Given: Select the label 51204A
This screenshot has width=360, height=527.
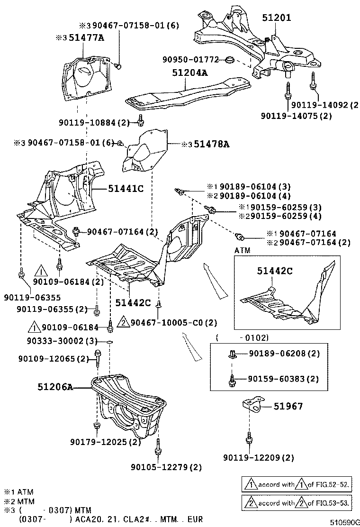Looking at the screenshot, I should click(189, 73).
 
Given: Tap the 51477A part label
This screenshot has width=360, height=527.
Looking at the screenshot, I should click(85, 37).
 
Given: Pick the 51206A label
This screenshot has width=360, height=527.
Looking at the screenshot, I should click(55, 387).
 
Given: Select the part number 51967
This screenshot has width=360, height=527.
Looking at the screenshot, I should click(288, 406).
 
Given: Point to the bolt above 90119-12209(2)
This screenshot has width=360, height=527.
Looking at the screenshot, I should click(248, 438).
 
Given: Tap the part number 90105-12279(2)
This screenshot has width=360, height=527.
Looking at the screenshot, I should click(166, 467).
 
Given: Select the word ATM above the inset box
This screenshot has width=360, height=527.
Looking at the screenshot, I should click(242, 250).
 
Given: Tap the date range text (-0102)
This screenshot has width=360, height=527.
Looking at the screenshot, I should click(242, 338).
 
